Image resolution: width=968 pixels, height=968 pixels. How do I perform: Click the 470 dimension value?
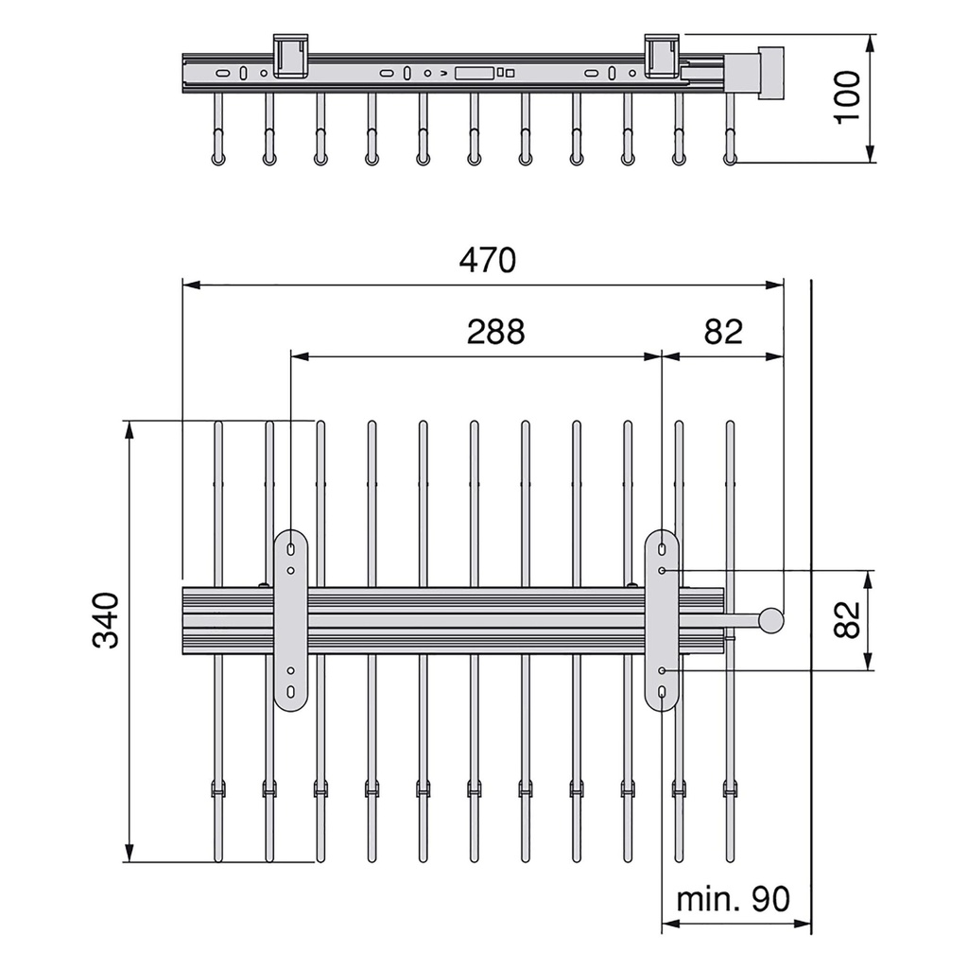487,260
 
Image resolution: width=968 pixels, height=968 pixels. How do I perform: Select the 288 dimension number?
495,332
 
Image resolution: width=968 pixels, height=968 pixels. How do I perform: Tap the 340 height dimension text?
106,620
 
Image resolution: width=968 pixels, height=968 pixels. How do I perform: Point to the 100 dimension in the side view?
847,97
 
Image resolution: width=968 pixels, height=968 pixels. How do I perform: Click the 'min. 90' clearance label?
733,899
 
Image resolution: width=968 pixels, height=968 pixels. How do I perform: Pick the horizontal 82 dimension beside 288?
723,332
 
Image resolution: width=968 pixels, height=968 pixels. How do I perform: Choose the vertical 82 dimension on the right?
846,619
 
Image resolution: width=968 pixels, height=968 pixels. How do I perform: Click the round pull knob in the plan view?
771,620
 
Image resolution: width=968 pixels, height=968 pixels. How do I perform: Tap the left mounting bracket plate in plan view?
290,620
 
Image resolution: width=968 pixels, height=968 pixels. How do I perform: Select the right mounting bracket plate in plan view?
662,620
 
